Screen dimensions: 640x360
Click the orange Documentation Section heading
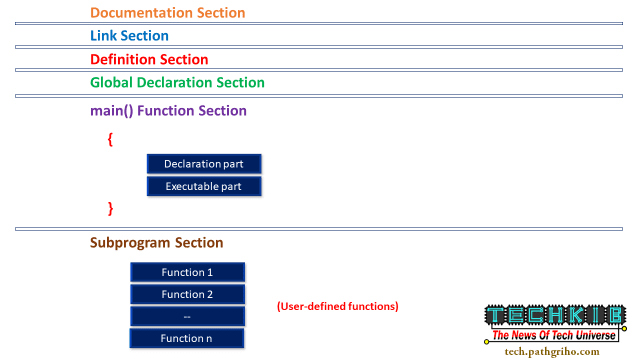(167, 13)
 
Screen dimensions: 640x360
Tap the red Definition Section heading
(149, 59)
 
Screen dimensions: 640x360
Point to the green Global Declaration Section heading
(177, 82)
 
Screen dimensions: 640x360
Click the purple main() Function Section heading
(168, 110)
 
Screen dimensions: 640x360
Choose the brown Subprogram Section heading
(157, 242)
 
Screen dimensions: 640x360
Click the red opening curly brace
(110, 140)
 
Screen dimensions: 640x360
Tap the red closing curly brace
(110, 208)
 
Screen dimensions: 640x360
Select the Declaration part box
(204, 163)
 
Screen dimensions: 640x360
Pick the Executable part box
(204, 186)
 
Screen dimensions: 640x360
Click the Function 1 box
(187, 272)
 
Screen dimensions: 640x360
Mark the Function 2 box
(187, 294)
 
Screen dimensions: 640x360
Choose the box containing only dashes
(187, 316)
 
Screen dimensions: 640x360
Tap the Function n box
(187, 338)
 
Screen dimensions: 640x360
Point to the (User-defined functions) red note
(337, 305)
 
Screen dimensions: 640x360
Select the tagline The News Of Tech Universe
(554, 336)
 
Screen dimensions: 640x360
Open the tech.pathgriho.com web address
(553, 351)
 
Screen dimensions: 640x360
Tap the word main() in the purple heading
(112, 110)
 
